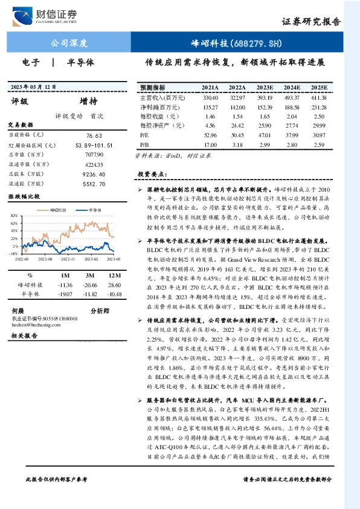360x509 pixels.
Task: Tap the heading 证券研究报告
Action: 311,22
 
